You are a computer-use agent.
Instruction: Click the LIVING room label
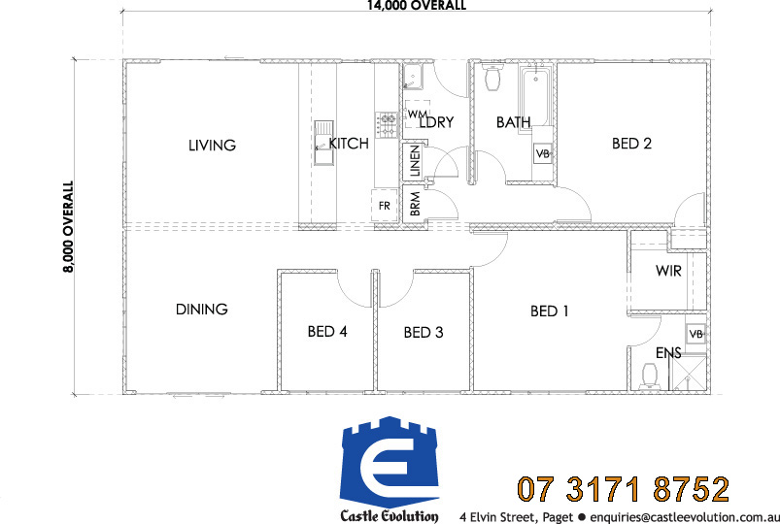(x=212, y=146)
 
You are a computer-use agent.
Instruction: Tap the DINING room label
(x=201, y=310)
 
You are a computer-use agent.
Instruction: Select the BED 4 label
(x=327, y=332)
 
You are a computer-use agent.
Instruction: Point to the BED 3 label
(x=424, y=332)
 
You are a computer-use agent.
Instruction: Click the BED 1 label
(x=549, y=311)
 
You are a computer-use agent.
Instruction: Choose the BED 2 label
(x=631, y=144)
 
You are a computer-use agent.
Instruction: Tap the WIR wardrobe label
(x=668, y=271)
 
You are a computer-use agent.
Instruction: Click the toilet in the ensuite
(x=650, y=376)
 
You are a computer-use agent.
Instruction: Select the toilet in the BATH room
(x=492, y=77)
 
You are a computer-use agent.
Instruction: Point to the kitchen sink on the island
(x=323, y=143)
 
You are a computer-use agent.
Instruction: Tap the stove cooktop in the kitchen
(x=386, y=125)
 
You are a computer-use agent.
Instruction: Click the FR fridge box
(x=385, y=206)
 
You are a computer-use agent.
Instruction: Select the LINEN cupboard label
(x=415, y=161)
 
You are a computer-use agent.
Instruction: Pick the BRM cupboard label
(x=415, y=204)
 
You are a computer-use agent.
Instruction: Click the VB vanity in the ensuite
(x=695, y=334)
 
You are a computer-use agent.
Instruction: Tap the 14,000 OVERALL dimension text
(x=417, y=6)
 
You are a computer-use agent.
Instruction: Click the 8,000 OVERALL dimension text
(x=68, y=227)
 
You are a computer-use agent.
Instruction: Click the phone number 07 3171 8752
(x=624, y=489)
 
